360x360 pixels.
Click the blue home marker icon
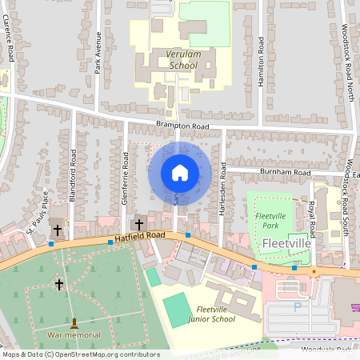pyautogui.click(x=180, y=173)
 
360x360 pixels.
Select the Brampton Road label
pyautogui.click(x=182, y=126)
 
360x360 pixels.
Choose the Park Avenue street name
pyautogui.click(x=98, y=53)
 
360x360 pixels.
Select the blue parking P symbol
pyautogui.click(x=298, y=306)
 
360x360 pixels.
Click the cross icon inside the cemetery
pyautogui.click(x=58, y=284)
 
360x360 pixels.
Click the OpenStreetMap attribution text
pyautogui.click(x=80, y=354)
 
